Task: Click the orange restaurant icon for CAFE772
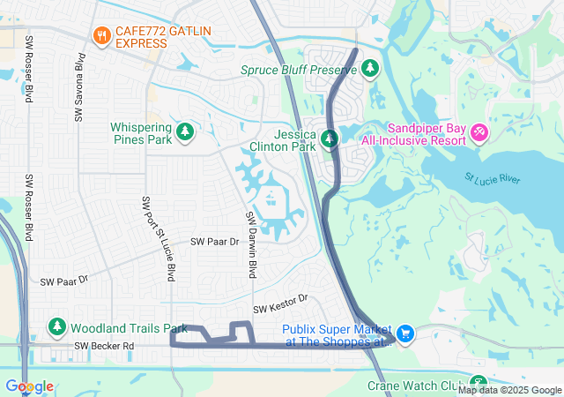tap(101, 36)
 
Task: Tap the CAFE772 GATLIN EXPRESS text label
tap(154, 36)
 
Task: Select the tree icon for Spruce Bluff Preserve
tap(370, 68)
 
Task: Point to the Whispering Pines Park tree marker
tap(185, 132)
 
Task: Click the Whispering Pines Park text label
tap(140, 133)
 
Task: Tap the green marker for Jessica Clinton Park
tap(329, 139)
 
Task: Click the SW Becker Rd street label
tap(103, 347)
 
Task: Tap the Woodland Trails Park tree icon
tap(57, 327)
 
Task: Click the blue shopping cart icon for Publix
tap(404, 333)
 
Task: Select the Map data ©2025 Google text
tap(509, 390)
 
